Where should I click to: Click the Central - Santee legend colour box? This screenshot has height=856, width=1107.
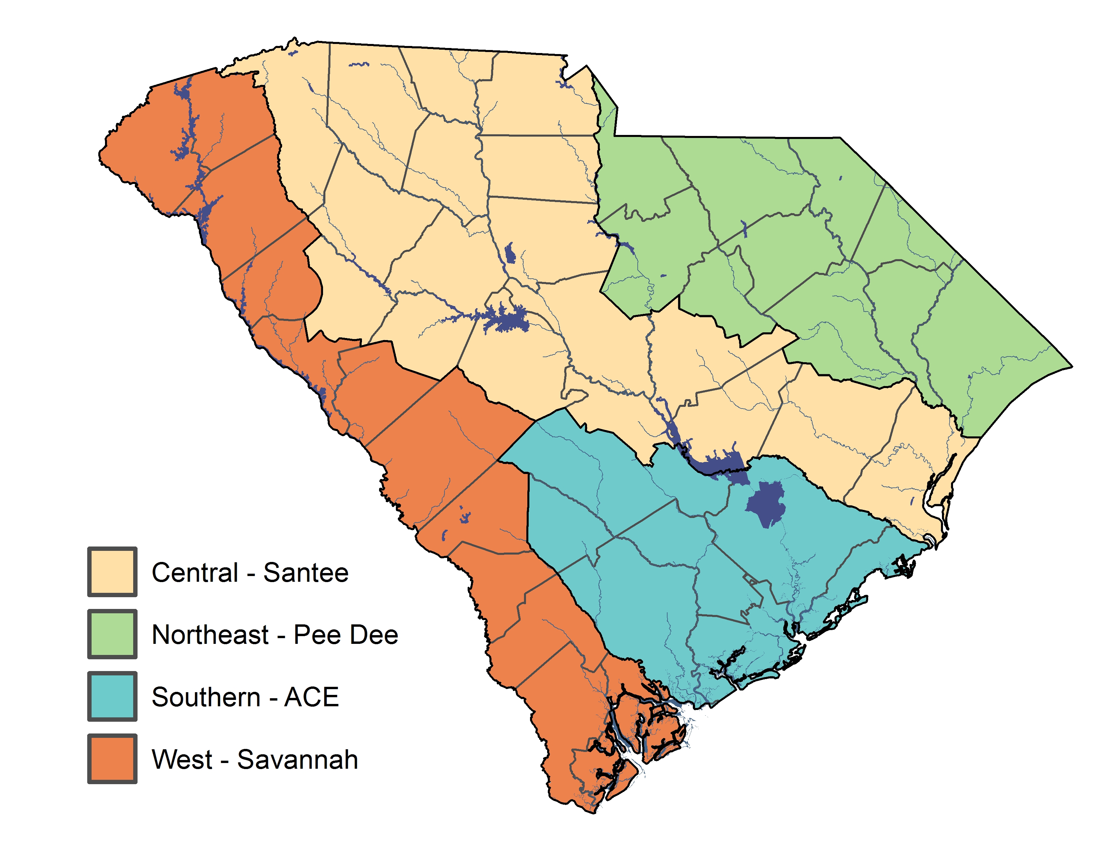112,572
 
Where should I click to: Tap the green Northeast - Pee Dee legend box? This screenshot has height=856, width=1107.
112,634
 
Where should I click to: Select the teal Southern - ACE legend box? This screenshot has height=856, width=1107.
112,696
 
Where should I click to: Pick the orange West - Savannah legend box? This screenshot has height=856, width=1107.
112,759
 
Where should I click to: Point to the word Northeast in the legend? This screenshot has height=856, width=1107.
210,635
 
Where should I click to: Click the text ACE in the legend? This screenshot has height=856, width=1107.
311,697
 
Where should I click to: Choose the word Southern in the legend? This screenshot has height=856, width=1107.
206,697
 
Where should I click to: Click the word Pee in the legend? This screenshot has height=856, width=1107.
317,635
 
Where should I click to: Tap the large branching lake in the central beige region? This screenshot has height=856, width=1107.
507,320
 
